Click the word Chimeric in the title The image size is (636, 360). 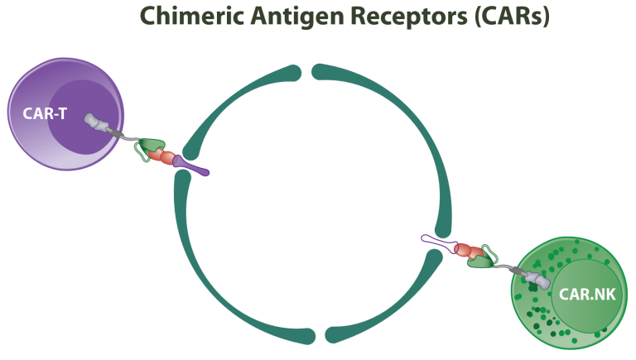184,15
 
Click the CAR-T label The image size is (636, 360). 45,113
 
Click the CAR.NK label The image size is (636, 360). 585,293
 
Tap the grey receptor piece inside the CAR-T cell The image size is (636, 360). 97,122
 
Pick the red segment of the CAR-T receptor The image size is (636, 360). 166,157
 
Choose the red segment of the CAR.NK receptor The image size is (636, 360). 465,251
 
